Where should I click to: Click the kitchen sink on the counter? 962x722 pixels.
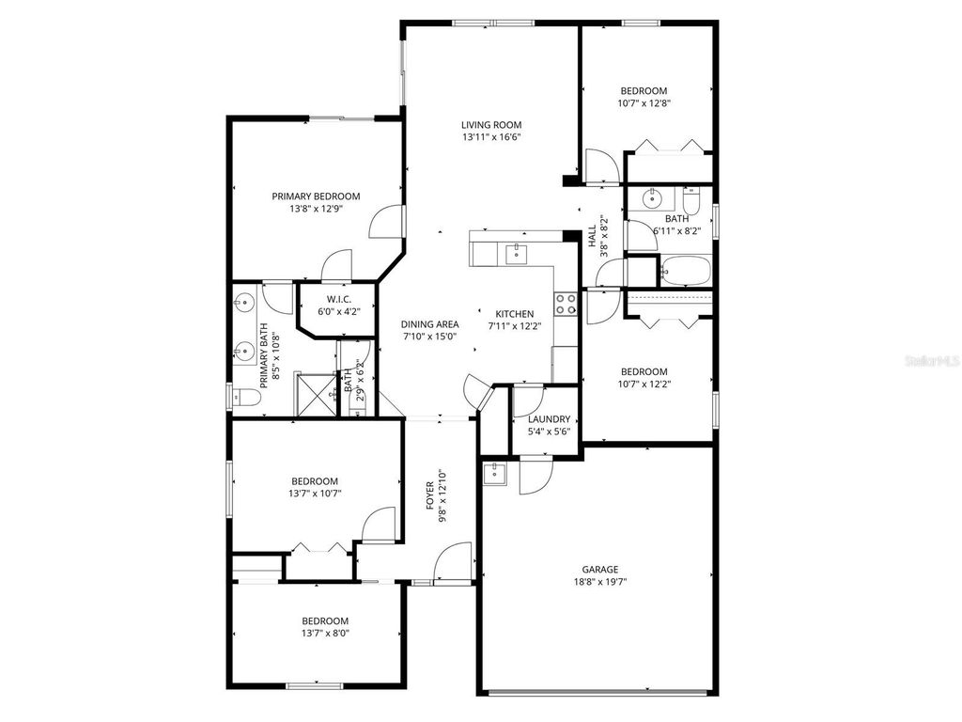pyautogui.click(x=514, y=252)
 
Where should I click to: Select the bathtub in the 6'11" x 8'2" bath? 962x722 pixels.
pyautogui.click(x=685, y=270)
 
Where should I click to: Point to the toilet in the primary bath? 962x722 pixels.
pyautogui.click(x=245, y=398)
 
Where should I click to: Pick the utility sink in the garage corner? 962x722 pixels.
pyautogui.click(x=494, y=474)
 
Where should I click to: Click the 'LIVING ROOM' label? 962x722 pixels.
pyautogui.click(x=490, y=124)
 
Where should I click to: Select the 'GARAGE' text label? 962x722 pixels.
pyautogui.click(x=599, y=569)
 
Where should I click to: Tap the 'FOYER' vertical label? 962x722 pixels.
pyautogui.click(x=430, y=494)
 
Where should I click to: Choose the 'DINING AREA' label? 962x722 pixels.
pyautogui.click(x=430, y=324)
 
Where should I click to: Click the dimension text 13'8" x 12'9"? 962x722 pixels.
pyautogui.click(x=316, y=209)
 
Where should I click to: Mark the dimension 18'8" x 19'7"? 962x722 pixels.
pyautogui.click(x=599, y=582)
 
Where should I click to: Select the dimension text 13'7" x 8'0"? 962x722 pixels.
pyautogui.click(x=325, y=633)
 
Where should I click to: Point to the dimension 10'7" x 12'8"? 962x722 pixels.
pyautogui.click(x=644, y=103)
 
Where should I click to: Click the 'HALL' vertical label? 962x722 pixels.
pyautogui.click(x=593, y=236)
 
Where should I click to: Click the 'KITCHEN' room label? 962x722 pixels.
pyautogui.click(x=515, y=314)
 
